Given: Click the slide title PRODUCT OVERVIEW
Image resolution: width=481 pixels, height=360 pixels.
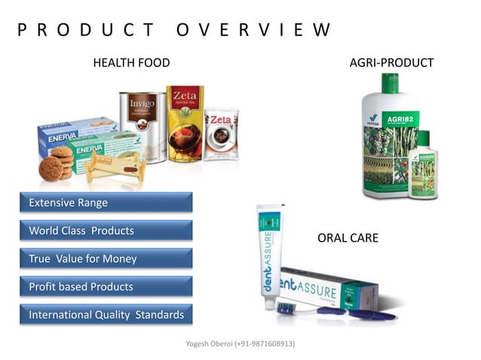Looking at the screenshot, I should coord(174,30).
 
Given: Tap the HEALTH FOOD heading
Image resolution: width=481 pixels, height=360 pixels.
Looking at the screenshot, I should coord(131,63).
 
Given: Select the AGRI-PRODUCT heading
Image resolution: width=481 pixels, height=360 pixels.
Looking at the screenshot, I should coord(391,63).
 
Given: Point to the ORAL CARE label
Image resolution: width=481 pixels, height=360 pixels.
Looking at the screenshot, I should coord(348,238).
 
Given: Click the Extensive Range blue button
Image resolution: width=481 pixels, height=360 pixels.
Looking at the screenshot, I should coord(106,203).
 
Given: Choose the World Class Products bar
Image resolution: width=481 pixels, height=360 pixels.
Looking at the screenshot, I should coord(106,230).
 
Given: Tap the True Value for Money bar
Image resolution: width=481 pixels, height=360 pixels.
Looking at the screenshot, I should coord(106,258).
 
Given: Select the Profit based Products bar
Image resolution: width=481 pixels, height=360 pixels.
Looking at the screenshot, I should coord(106,286).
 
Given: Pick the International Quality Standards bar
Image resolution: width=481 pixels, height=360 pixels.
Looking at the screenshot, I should coord(106,315).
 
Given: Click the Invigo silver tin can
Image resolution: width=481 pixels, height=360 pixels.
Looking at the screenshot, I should coord(142,125).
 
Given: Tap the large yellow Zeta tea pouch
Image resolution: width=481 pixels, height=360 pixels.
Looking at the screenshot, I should coord(185,124).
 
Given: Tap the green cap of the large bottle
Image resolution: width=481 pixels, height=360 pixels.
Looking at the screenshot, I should coord(390,82).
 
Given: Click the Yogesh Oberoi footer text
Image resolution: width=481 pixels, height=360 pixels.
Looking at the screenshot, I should coord(240,343).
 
